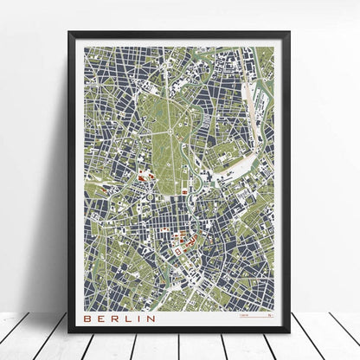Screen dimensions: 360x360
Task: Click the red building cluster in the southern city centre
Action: (x=184, y=250)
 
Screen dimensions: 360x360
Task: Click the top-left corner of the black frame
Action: (x=71, y=34)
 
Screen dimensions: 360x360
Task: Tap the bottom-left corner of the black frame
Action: (x=71, y=333)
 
